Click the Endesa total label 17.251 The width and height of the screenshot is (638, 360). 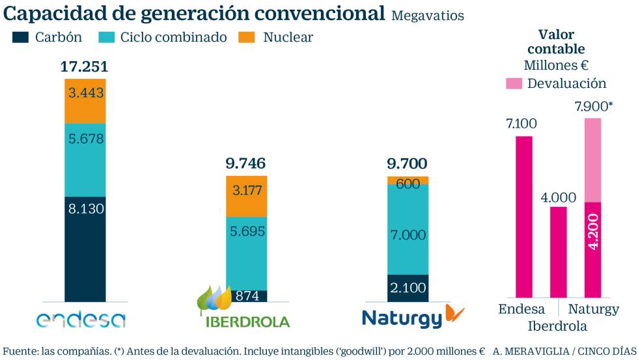point(84,67)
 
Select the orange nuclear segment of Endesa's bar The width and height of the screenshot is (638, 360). point(85,101)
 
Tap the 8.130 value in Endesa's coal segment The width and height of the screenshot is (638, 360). point(85,209)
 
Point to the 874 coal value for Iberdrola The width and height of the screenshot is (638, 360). point(246,296)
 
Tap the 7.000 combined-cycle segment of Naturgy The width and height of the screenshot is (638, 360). point(408,234)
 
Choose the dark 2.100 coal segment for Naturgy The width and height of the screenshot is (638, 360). point(408,288)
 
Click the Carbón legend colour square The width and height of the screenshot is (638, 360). point(21,38)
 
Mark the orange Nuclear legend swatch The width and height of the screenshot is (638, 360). point(249,38)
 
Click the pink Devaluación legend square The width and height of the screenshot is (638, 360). point(514,83)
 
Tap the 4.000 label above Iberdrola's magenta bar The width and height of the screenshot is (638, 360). point(557,197)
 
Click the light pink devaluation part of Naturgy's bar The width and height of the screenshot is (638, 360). point(592,160)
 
